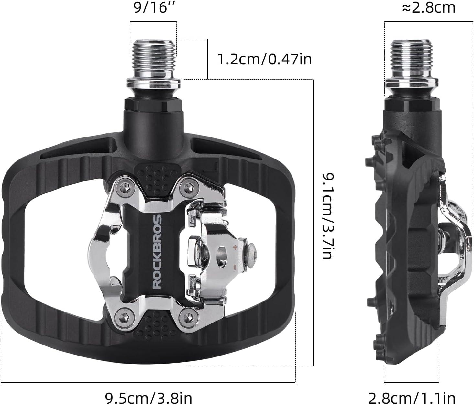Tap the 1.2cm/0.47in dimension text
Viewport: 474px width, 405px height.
coord(264,60)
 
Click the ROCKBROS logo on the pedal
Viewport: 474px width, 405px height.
coord(157,251)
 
